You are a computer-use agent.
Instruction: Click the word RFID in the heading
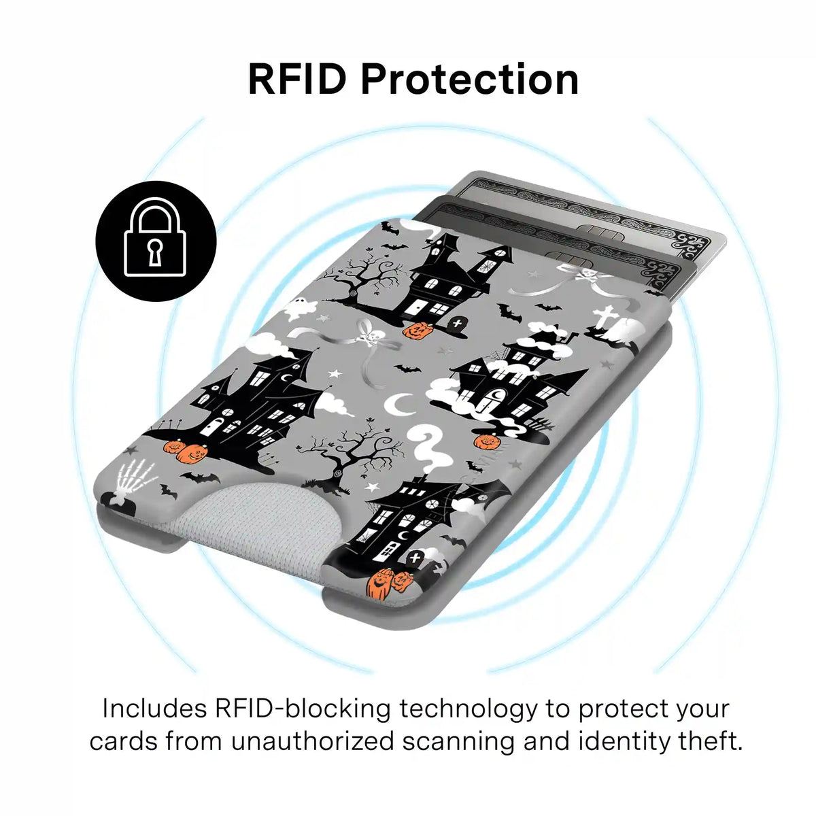[296, 79]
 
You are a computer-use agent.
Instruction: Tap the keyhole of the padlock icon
[156, 252]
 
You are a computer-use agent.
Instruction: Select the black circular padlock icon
[156, 241]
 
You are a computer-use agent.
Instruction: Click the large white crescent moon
[399, 405]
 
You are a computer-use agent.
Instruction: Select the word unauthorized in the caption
[312, 741]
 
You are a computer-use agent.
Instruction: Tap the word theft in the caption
[708, 741]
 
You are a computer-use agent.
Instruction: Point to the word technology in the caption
[467, 709]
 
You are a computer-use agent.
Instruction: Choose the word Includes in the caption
[155, 709]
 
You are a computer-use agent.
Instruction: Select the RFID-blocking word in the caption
[303, 709]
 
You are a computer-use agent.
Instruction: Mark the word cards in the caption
[123, 741]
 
